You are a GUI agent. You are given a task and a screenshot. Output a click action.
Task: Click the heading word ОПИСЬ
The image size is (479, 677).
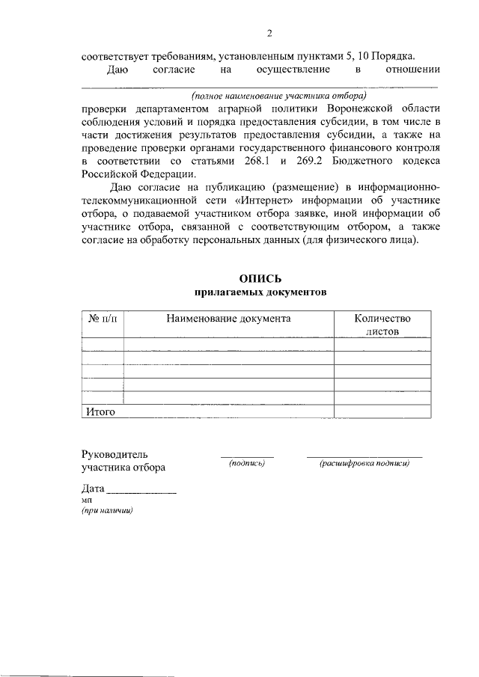click(260, 279)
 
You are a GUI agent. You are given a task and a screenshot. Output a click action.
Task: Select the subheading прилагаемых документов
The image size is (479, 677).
click(260, 293)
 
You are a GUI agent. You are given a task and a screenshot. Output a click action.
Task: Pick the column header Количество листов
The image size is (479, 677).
click(382, 324)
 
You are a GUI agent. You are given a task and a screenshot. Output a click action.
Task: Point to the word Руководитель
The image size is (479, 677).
click(115, 454)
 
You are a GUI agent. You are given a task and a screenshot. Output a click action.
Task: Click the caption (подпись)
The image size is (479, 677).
click(248, 464)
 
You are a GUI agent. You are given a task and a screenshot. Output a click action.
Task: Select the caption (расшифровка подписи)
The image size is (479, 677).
click(364, 464)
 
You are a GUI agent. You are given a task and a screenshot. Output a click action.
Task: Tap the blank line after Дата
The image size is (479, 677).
click(142, 493)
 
